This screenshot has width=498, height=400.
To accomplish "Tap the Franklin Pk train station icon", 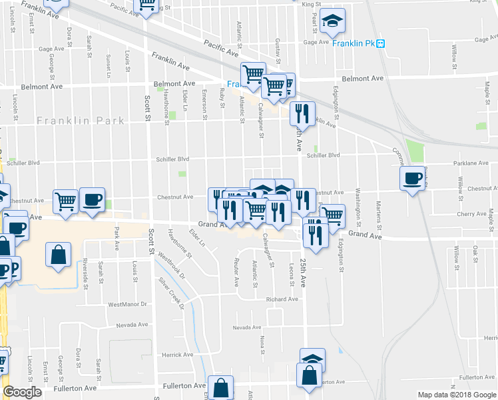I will click(381, 43).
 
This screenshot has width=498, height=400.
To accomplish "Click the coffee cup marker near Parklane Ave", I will click(412, 178).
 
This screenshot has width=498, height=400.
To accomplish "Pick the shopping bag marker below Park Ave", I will click(58, 255).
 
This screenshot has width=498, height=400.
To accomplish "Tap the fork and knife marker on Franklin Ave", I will click(303, 114).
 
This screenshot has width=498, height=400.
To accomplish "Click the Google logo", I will click(22, 392).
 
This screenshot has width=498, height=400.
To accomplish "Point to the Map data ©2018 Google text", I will click(456, 395).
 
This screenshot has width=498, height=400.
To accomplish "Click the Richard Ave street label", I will click(282, 299).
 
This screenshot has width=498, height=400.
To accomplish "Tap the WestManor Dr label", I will click(126, 305).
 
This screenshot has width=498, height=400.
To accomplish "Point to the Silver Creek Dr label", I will click(170, 291).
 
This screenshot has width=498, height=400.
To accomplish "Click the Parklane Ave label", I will click(470, 163).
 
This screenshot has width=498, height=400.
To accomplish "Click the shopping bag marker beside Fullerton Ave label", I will click(220, 388).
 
